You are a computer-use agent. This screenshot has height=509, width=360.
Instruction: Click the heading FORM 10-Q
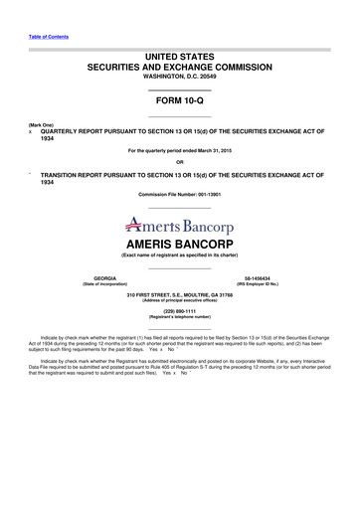(179, 101)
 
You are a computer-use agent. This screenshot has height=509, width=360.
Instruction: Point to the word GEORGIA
(104, 277)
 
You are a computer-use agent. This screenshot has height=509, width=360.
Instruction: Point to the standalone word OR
(179, 162)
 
